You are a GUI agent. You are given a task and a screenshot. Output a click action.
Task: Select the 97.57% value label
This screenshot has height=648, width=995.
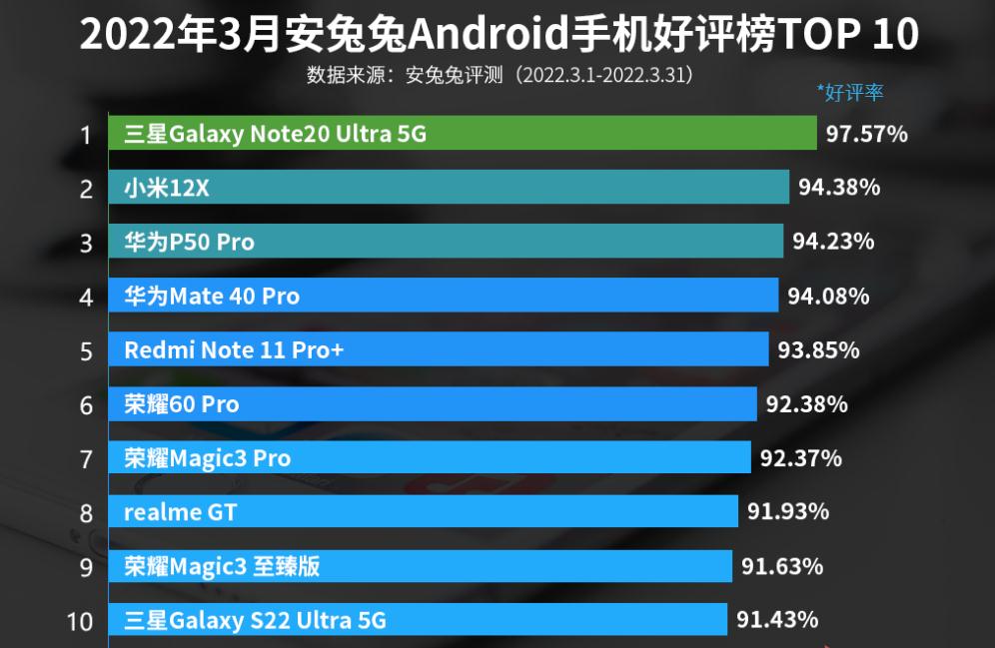pyautogui.click(x=866, y=134)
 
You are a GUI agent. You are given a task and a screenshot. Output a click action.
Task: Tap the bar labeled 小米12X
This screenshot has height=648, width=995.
pyautogui.click(x=449, y=188)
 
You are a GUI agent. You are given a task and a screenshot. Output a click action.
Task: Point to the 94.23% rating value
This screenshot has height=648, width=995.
pyautogui.click(x=833, y=242)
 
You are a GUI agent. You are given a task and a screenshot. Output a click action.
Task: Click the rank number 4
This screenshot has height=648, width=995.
pyautogui.click(x=87, y=297)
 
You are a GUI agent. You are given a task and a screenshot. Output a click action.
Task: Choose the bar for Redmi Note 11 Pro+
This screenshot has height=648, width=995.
pyautogui.click(x=439, y=350)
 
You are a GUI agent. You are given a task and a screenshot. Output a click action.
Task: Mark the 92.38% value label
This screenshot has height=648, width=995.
pyautogui.click(x=806, y=404)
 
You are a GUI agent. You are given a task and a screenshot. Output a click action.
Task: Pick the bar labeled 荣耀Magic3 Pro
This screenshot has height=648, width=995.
pyautogui.click(x=430, y=458)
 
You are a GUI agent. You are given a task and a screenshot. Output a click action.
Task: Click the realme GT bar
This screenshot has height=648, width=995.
pyautogui.click(x=424, y=512)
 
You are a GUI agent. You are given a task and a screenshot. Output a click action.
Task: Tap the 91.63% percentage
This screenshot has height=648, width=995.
pyautogui.click(x=782, y=566)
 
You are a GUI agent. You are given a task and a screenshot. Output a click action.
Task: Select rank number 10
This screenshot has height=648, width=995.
pyautogui.click(x=80, y=621)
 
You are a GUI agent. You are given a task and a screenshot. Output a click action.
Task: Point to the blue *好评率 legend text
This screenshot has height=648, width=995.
pyautogui.click(x=850, y=93)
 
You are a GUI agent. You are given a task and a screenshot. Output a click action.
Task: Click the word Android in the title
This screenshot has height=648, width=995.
pyautogui.click(x=489, y=35)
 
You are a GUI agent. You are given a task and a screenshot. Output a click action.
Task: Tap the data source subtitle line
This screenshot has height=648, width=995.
pyautogui.click(x=499, y=75)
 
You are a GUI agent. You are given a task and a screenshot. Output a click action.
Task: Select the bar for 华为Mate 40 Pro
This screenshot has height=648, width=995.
pyautogui.click(x=444, y=297)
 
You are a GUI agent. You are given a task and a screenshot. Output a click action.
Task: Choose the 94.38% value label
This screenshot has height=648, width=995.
pyautogui.click(x=839, y=188)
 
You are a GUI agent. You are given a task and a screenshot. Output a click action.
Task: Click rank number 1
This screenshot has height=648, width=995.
pyautogui.click(x=87, y=134)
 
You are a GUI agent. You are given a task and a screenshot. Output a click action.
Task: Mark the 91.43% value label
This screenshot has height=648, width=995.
pyautogui.click(x=777, y=620)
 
